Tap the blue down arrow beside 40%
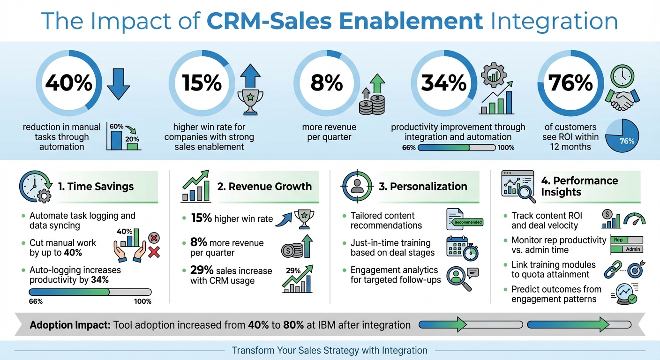tap(117, 84)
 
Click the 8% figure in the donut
tap(327, 83)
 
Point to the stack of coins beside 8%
tap(371, 104)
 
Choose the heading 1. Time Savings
tap(96, 186)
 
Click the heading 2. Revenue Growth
tap(264, 186)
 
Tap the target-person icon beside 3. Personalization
tap(356, 186)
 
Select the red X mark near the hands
tap(154, 253)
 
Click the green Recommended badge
tap(468, 222)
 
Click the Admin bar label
tap(632, 249)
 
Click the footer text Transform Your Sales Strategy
tap(330, 350)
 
